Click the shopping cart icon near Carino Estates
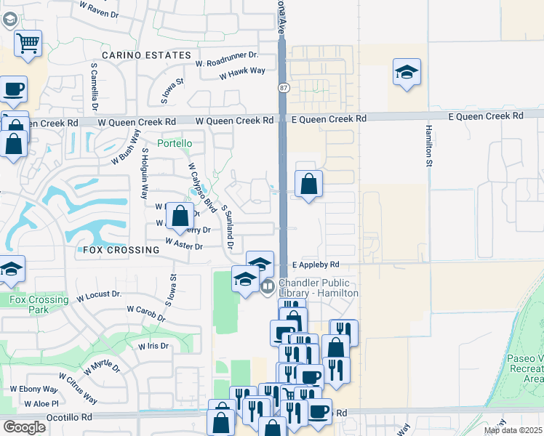[28, 43]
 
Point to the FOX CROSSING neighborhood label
[121, 250]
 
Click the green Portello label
[175, 143]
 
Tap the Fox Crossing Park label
[39, 304]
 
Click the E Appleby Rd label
[316, 265]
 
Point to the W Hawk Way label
[242, 71]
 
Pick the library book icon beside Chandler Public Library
[267, 286]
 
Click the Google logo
[25, 427]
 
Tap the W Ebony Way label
[33, 389]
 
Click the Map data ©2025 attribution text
[513, 430]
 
